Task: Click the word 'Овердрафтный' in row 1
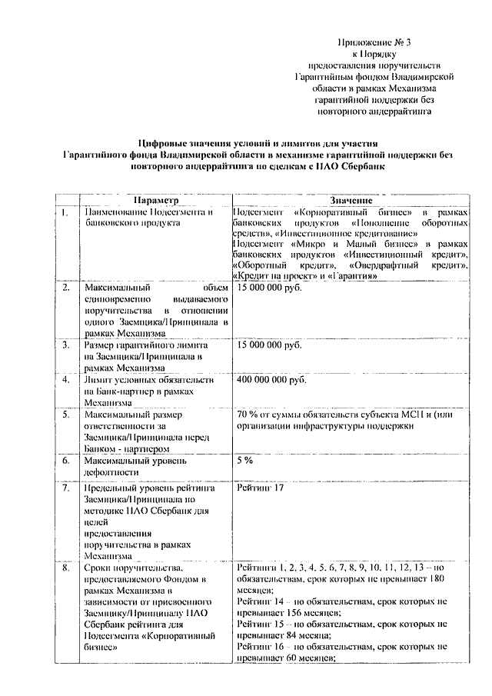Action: [371, 265]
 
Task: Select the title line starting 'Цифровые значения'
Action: [246, 143]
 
